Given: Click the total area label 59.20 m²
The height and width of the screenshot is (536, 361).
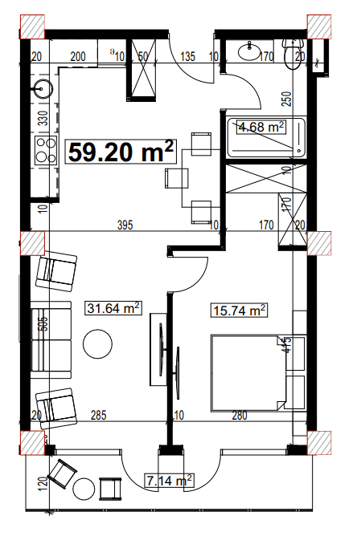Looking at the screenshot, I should pyautogui.click(x=121, y=151).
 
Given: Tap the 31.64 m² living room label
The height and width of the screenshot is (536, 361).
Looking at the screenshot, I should pyautogui.click(x=113, y=308).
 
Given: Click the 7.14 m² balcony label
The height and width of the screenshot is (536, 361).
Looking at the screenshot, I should pyautogui.click(x=169, y=481).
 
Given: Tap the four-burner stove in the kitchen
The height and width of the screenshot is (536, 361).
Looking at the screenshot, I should pyautogui.click(x=42, y=148).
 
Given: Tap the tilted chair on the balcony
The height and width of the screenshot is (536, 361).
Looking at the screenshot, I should pyautogui.click(x=61, y=473).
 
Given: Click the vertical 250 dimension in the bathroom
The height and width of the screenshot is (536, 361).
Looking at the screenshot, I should pyautogui.click(x=285, y=99).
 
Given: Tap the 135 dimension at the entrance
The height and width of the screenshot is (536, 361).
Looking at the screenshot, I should pyautogui.click(x=189, y=56).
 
